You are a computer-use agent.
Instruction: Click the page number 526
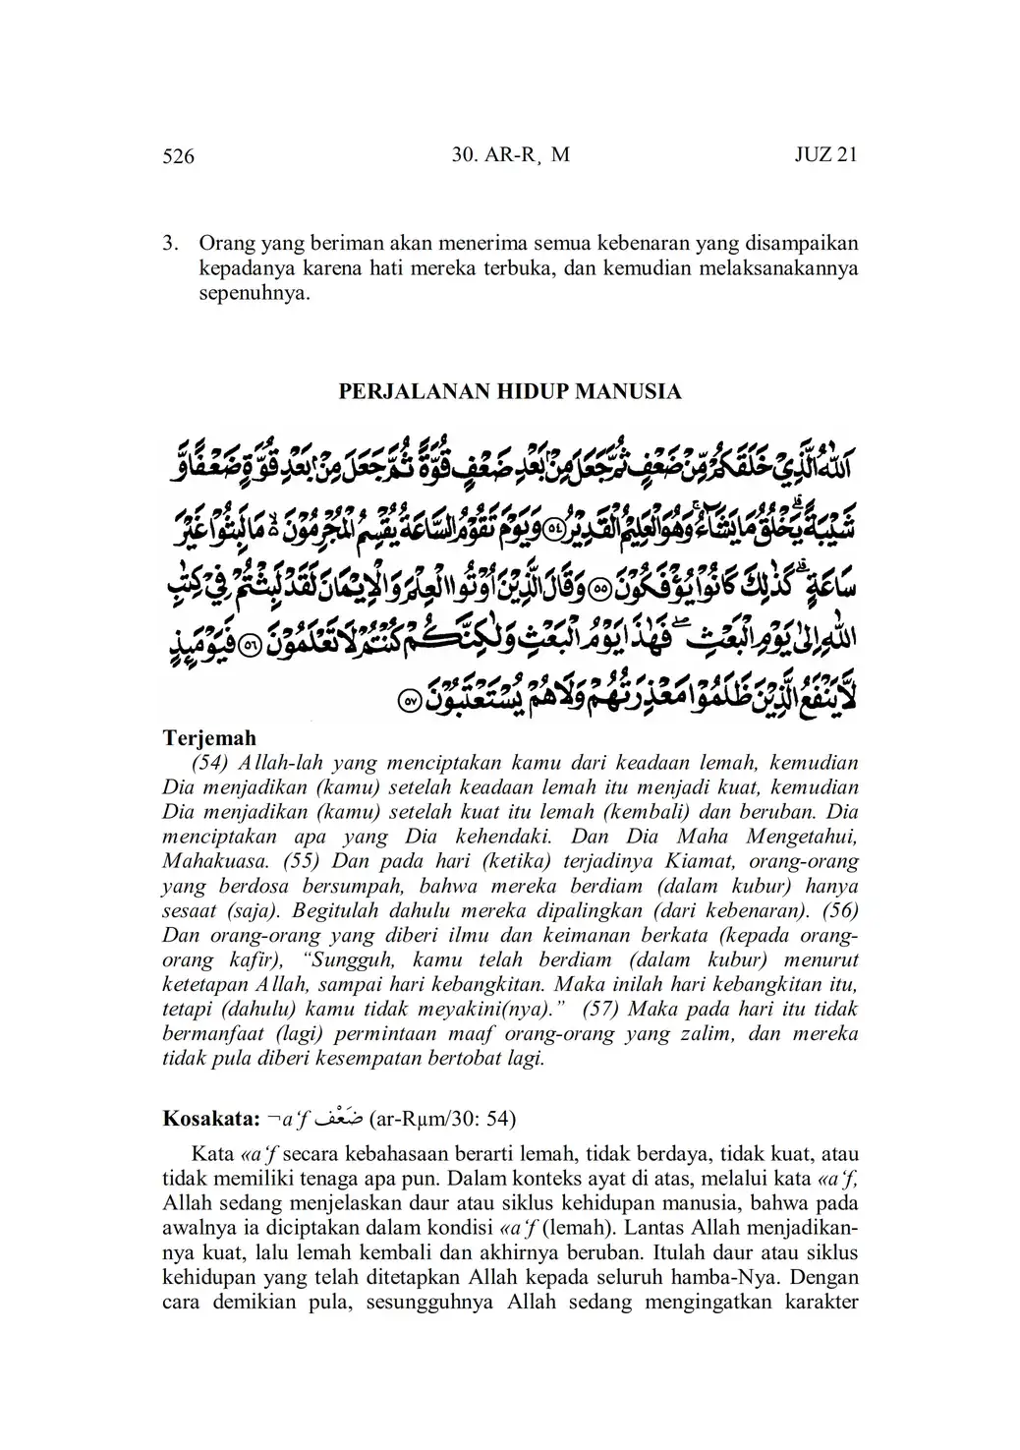tap(178, 156)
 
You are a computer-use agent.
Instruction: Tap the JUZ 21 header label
tap(825, 155)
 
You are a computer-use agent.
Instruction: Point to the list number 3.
tap(169, 242)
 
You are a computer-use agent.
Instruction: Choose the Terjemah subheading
tap(208, 738)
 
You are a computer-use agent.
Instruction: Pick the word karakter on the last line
tap(819, 1305)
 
